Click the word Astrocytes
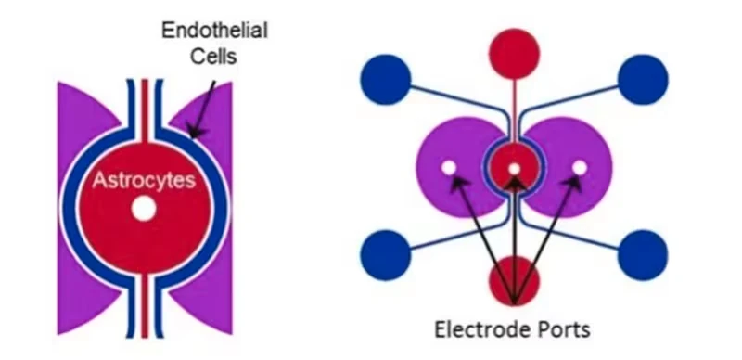pos(144,181)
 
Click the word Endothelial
pos(214,31)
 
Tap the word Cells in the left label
pos(213,56)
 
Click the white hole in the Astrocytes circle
pos(144,210)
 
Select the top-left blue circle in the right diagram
pos(386,80)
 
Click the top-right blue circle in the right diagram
pos(643,80)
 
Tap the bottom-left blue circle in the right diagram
pos(386,255)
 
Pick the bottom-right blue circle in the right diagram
pos(643,255)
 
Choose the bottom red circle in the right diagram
pos(514,281)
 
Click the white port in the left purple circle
pos(449,167)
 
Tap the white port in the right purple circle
pos(579,167)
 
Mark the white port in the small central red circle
pos(515,169)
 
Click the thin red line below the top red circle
pos(514,111)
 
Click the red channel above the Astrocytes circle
pos(145,110)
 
